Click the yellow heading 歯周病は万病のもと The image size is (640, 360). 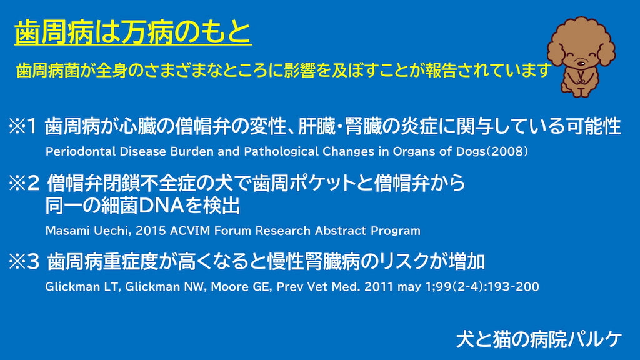133,32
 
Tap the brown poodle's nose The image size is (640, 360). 580,62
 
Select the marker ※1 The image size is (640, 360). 23,126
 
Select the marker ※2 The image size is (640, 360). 24,183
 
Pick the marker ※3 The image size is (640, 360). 24,262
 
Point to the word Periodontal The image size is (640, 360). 81,151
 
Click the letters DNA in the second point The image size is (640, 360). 161,206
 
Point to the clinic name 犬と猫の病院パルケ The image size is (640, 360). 539,339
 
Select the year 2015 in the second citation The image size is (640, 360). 151,231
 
